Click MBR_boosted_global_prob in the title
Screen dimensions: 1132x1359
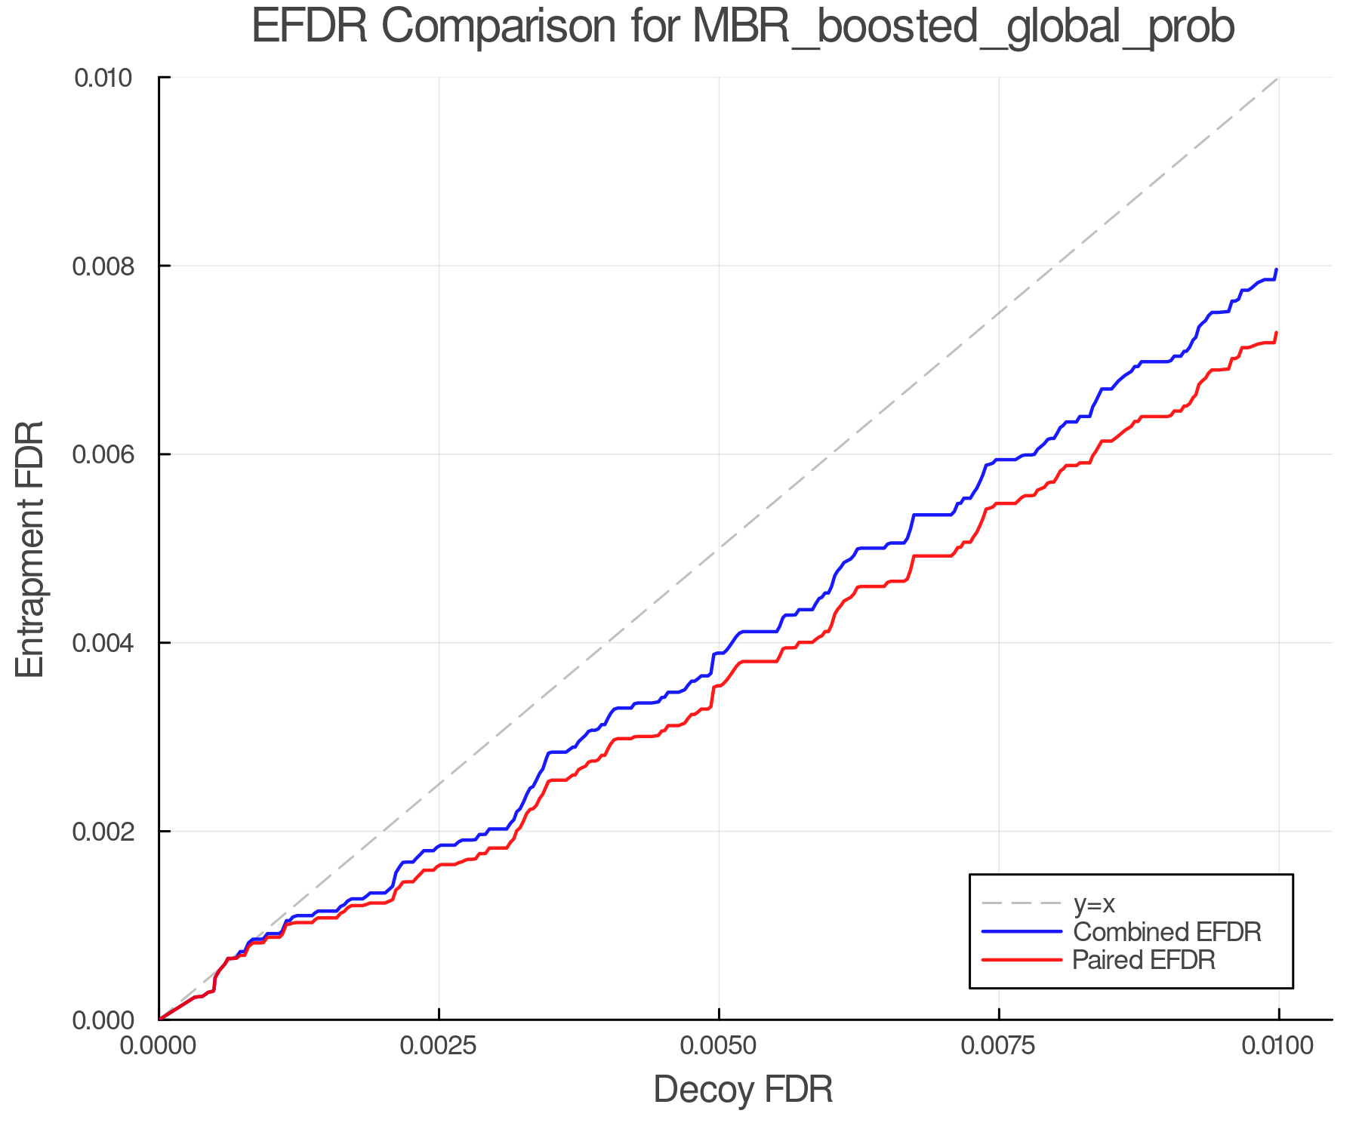point(963,29)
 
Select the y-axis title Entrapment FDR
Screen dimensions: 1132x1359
point(30,549)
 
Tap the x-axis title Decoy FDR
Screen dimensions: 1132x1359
point(743,1089)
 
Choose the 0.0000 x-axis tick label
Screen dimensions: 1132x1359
point(159,1046)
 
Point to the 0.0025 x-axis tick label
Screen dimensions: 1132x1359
point(439,1046)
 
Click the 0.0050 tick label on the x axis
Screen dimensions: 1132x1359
point(719,1046)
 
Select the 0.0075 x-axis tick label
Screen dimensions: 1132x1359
point(999,1046)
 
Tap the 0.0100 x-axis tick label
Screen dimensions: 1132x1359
point(1278,1046)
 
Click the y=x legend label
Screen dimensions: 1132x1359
point(1094,903)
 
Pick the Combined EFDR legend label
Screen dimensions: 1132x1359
point(1166,932)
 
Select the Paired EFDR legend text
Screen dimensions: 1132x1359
point(1144,960)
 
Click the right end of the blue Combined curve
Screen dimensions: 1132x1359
point(1276,269)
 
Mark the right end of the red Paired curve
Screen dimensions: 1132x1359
point(1276,333)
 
